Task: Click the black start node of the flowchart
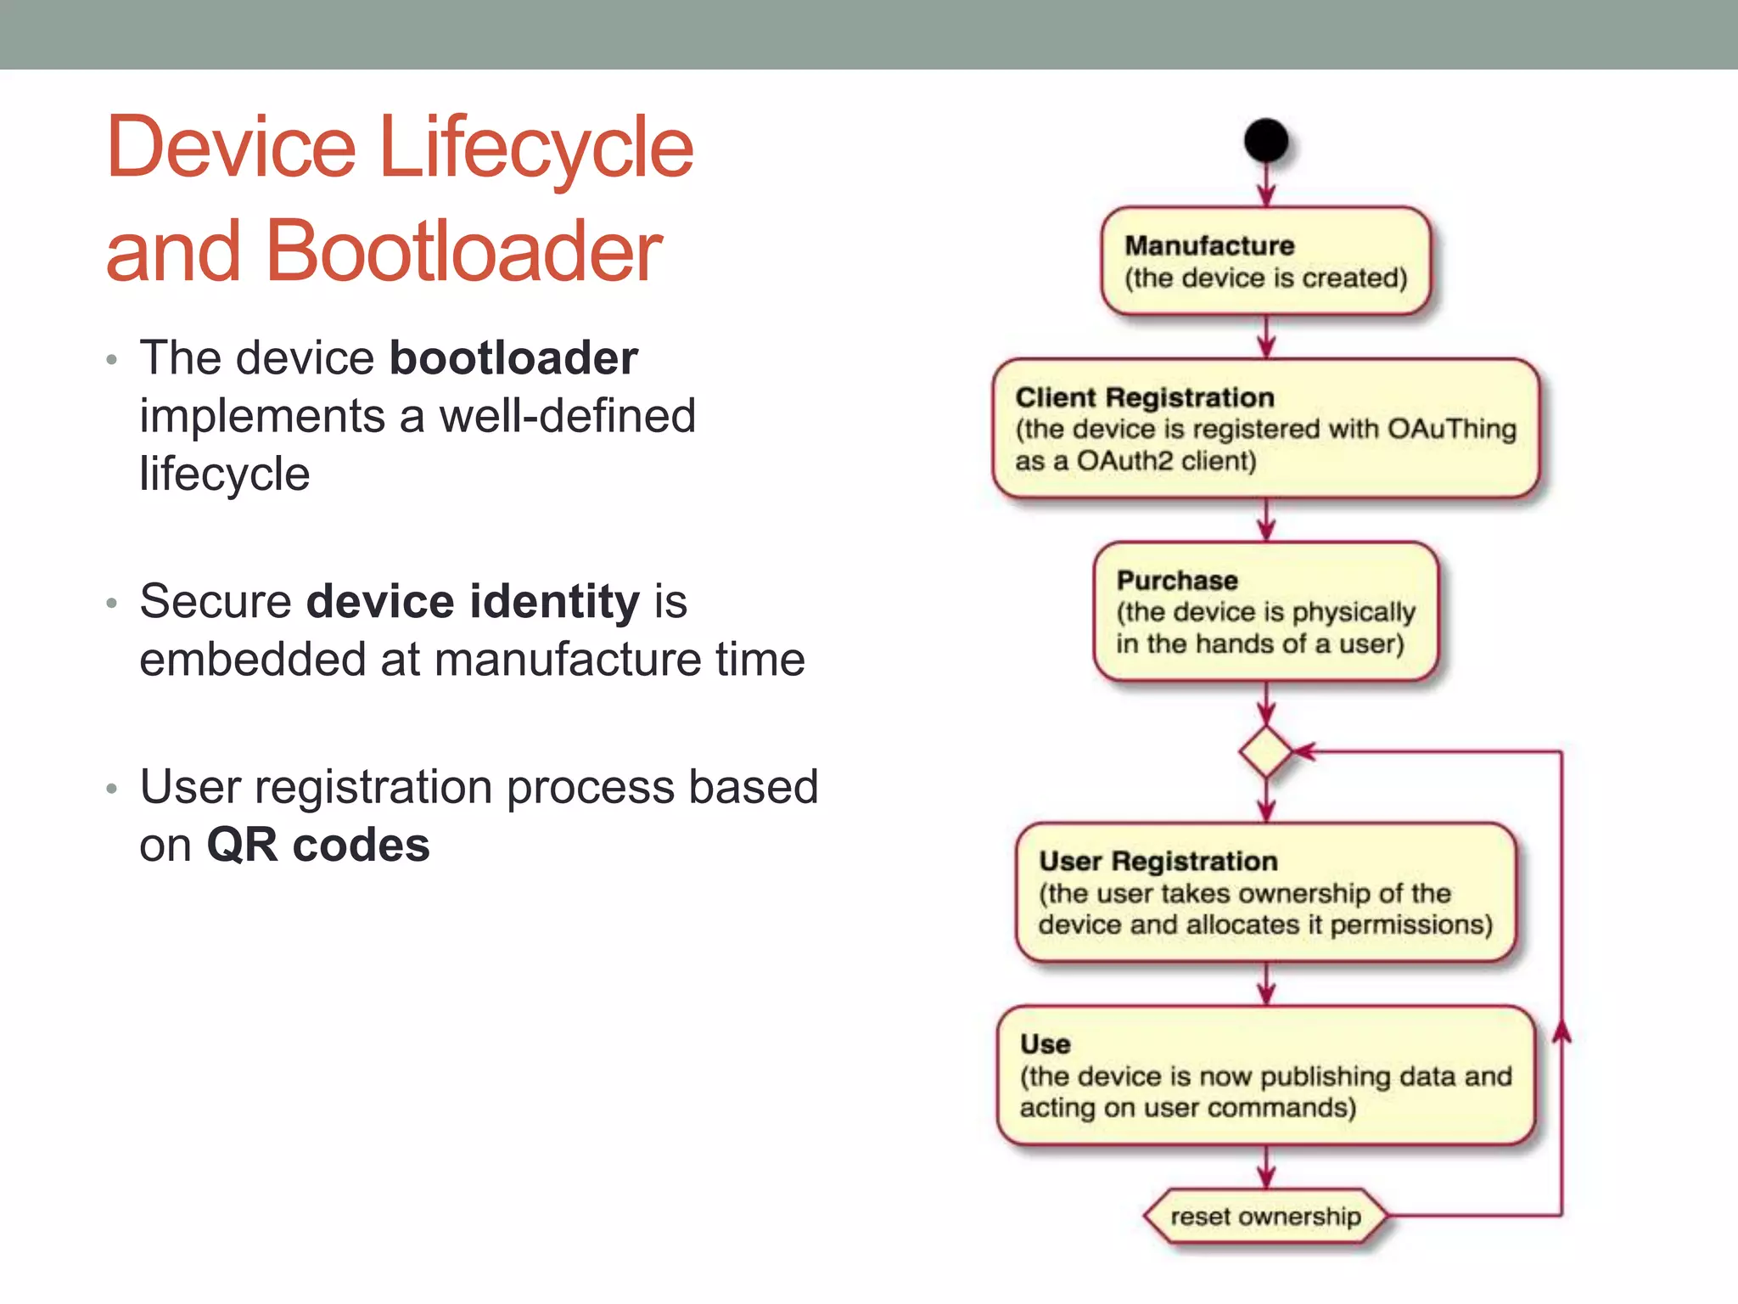tap(1265, 140)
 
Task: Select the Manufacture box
tap(1265, 261)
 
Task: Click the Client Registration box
tap(1265, 429)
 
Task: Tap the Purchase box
tap(1265, 611)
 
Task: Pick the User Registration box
tap(1265, 892)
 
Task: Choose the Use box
tap(1265, 1076)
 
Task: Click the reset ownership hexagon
tap(1265, 1217)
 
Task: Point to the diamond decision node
tap(1265, 751)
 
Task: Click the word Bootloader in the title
tap(464, 250)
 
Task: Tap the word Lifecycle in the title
tap(536, 147)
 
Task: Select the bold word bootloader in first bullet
tap(513, 357)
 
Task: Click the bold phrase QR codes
tap(318, 845)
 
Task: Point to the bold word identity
tap(555, 601)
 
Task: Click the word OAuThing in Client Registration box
tap(1451, 429)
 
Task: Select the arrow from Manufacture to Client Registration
tap(1266, 337)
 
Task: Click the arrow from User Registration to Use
tap(1266, 984)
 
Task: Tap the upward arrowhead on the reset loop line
tap(1561, 1031)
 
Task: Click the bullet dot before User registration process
tap(111, 789)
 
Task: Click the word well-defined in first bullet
tap(567, 416)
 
